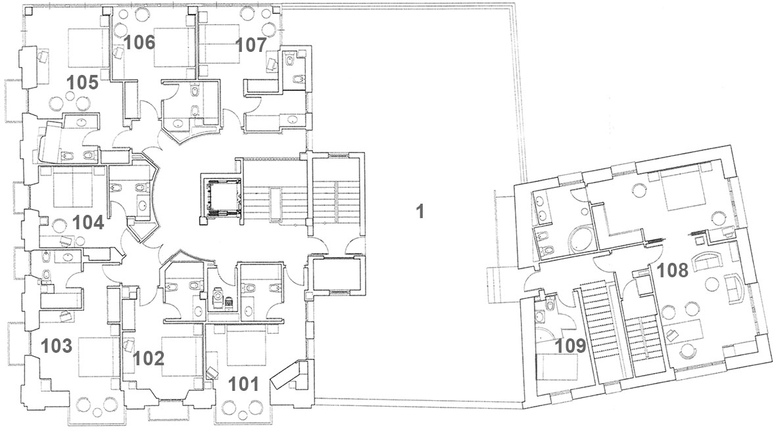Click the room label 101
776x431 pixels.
click(x=243, y=384)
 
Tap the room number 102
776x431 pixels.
click(x=149, y=358)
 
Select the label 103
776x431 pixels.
click(x=57, y=346)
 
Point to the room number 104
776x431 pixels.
click(x=88, y=223)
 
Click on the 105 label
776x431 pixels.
click(x=83, y=82)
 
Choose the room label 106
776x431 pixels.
click(x=139, y=43)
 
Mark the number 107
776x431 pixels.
click(x=251, y=45)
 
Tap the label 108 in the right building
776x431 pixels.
click(x=673, y=270)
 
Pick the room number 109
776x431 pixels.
click(x=570, y=346)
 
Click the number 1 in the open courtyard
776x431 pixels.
click(x=420, y=212)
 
